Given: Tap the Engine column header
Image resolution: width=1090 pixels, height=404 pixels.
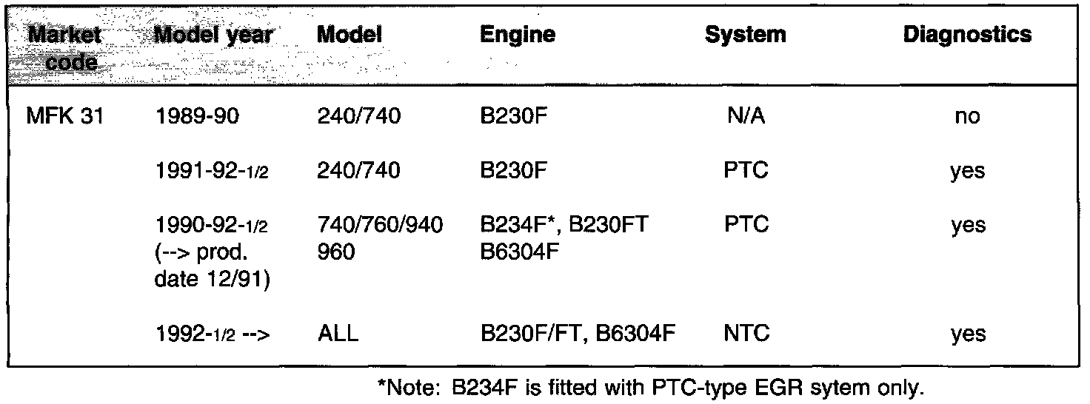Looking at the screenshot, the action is tap(517, 35).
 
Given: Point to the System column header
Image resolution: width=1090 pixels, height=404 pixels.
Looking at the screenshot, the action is tap(745, 35).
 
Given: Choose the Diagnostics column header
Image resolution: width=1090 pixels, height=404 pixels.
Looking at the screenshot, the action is tap(967, 35).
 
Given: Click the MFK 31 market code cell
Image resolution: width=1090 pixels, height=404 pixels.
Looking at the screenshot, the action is tap(64, 116).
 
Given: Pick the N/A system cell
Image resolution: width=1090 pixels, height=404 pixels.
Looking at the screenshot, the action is tap(746, 116).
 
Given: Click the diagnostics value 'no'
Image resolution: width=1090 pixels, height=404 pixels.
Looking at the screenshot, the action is tap(968, 117).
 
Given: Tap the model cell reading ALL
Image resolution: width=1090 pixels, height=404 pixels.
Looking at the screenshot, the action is tap(337, 334).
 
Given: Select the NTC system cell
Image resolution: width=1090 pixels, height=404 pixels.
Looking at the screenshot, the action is tap(746, 334).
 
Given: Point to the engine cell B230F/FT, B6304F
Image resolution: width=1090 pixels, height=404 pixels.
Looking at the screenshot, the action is tap(578, 334).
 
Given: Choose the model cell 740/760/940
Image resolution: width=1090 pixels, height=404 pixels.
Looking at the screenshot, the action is tap(380, 226).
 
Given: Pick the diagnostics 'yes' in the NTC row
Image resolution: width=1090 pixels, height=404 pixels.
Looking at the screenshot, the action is tap(968, 334).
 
